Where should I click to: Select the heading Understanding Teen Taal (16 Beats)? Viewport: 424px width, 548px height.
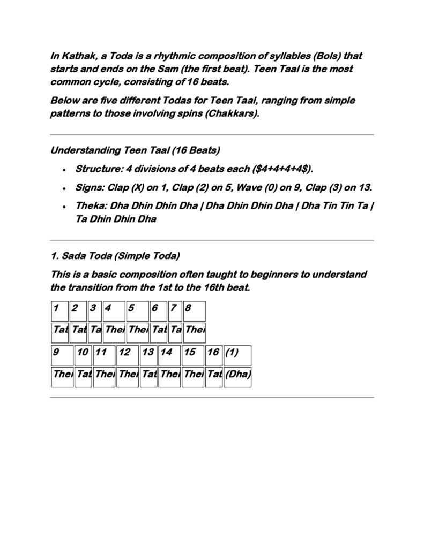pyautogui.click(x=135, y=150)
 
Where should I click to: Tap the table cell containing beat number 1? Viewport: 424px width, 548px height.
pyautogui.click(x=59, y=310)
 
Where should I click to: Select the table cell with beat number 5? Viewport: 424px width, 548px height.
pyautogui.click(x=137, y=310)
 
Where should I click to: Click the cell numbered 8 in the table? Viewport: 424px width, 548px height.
pyautogui.click(x=194, y=310)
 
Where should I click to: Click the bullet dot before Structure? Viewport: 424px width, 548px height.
pyautogui.click(x=64, y=170)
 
